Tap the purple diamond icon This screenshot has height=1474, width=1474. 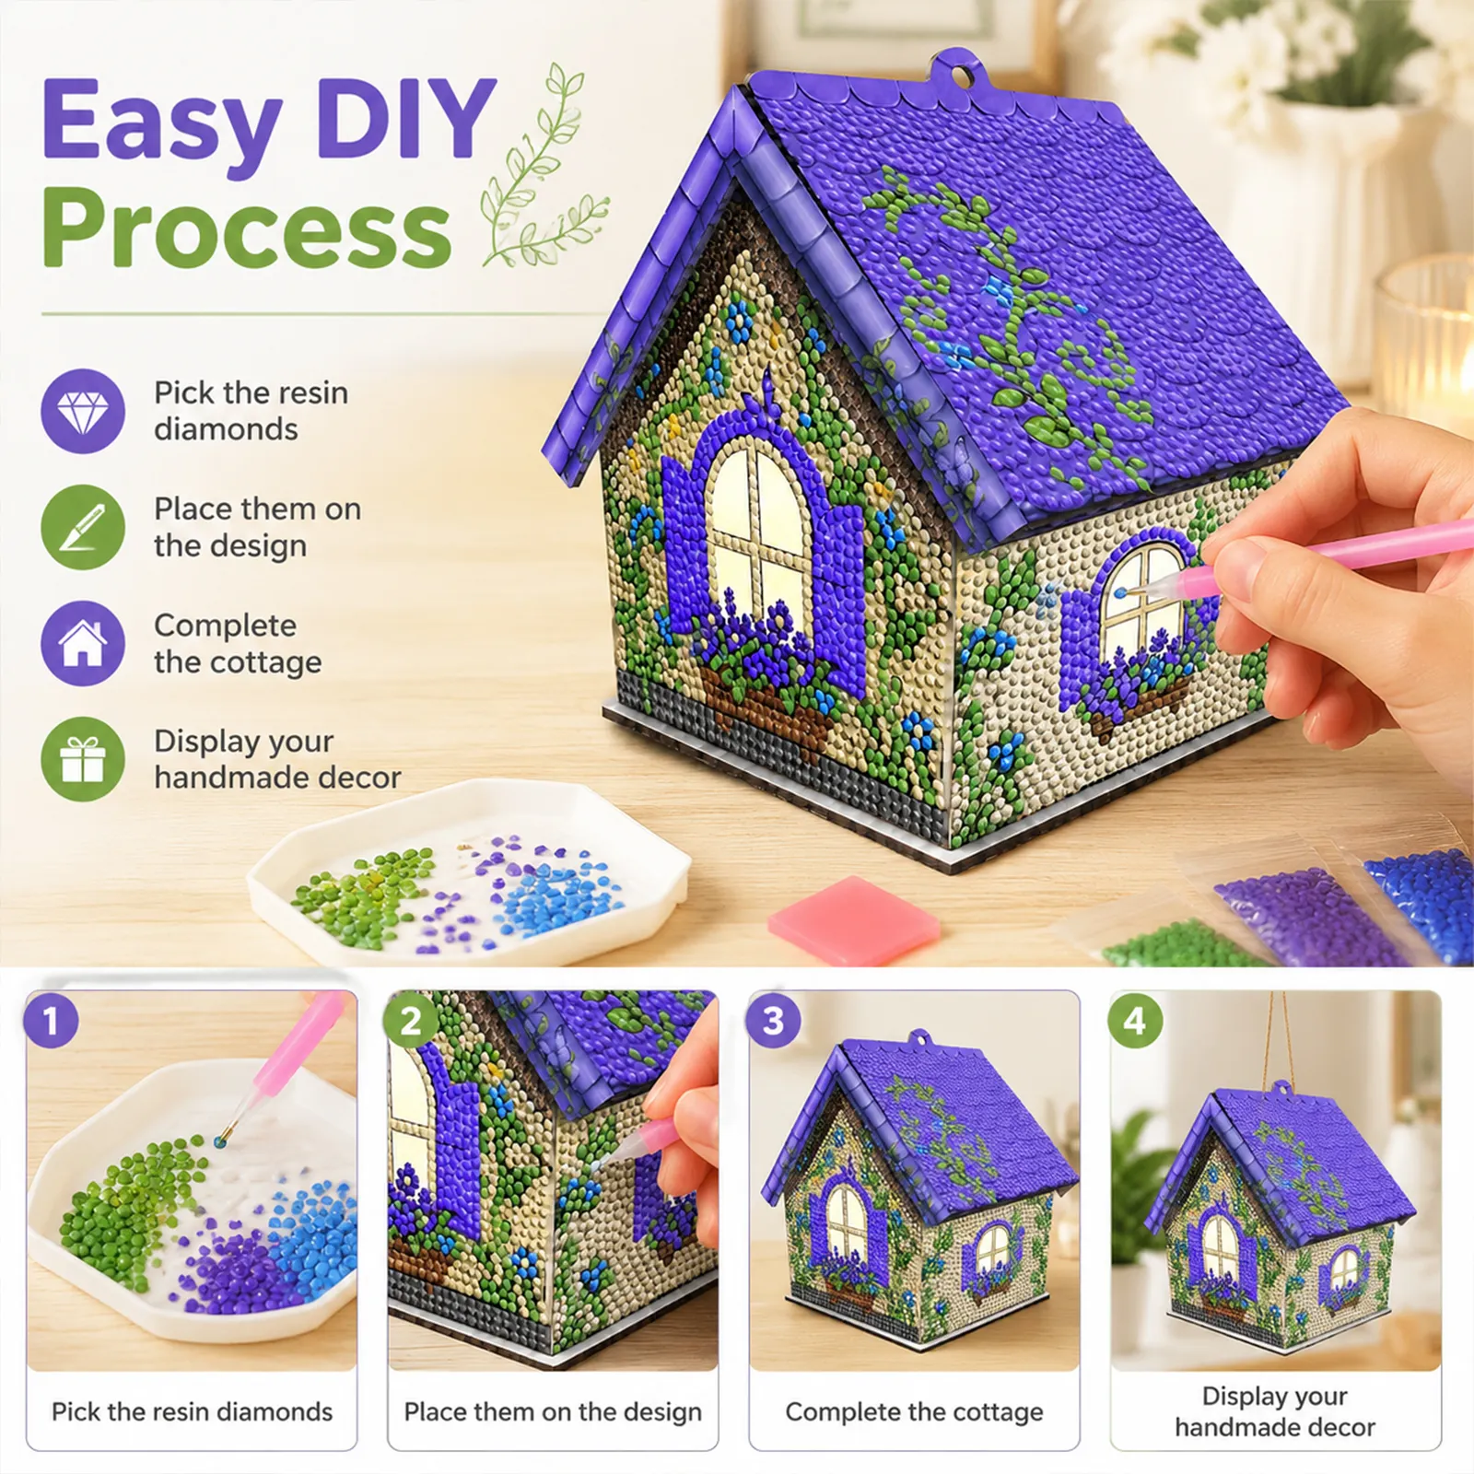click(x=83, y=411)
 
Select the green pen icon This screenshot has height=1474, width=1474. click(x=83, y=527)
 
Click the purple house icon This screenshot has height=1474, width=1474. click(x=83, y=643)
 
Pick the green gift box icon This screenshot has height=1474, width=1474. click(x=83, y=759)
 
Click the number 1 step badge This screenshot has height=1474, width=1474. click(x=51, y=1021)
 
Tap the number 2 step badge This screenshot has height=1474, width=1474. click(x=412, y=1021)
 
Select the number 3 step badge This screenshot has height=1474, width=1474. click(x=774, y=1021)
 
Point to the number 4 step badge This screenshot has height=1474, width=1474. click(x=1135, y=1021)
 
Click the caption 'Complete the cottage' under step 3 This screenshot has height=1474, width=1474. click(x=914, y=1411)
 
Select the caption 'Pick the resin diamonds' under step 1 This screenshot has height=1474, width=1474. click(x=192, y=1411)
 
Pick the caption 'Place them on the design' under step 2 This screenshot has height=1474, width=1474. click(x=553, y=1411)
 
